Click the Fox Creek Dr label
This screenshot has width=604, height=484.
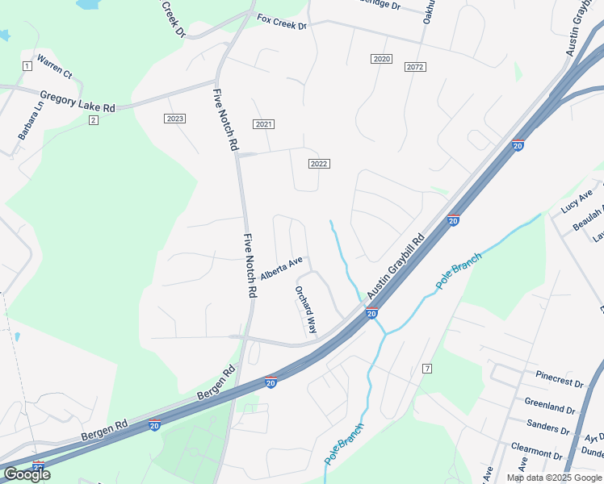(x=282, y=22)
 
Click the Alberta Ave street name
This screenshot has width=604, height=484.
(x=281, y=268)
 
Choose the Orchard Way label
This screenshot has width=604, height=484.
(x=306, y=310)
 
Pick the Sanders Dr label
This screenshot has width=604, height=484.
(x=548, y=425)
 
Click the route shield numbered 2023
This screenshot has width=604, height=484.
(x=174, y=119)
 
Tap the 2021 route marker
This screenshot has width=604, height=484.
(x=263, y=124)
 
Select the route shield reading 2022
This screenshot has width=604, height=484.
(x=319, y=164)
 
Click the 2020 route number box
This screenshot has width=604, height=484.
(x=382, y=60)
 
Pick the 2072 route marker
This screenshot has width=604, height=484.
(x=415, y=67)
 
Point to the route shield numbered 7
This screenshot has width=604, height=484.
(x=427, y=369)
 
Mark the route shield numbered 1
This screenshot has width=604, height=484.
(x=27, y=65)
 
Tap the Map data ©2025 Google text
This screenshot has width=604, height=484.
(x=553, y=478)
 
